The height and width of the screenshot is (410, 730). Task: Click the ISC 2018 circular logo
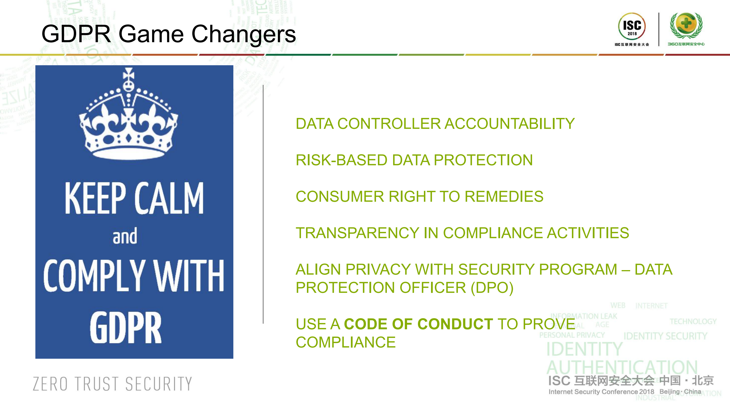[632, 26]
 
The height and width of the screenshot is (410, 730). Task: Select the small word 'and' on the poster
[125, 236]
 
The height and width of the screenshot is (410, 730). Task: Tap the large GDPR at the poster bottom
[126, 328]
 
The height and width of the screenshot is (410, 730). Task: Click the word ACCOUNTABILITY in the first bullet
[509, 124]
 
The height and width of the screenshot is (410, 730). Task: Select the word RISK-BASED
[341, 160]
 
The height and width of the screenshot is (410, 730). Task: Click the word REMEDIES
[504, 197]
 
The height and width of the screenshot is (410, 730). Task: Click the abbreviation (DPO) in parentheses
[492, 288]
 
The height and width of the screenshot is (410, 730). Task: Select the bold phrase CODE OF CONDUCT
[418, 324]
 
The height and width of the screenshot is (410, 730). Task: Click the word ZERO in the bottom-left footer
[50, 384]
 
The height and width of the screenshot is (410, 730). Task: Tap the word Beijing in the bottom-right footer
[669, 392]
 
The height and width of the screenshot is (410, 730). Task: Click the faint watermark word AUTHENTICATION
[622, 368]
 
